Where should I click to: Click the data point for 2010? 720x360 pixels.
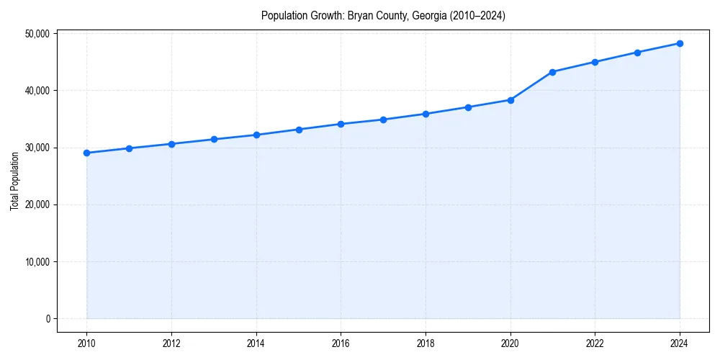click(x=86, y=153)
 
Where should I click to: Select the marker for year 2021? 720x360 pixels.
click(x=552, y=72)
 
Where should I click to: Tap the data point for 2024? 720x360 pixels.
click(x=680, y=43)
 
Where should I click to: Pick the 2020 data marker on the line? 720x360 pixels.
click(x=510, y=100)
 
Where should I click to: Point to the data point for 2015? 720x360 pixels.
click(x=299, y=130)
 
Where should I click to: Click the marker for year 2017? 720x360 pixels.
click(x=383, y=120)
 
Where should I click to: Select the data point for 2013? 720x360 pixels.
click(x=214, y=139)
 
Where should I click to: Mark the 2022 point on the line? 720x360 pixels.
click(x=595, y=62)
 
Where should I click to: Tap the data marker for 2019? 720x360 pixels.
click(x=468, y=107)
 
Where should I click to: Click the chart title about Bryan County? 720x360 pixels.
click(x=383, y=15)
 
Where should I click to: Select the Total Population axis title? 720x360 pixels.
click(x=14, y=181)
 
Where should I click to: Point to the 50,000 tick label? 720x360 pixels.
click(x=37, y=34)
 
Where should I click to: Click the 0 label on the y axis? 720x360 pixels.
click(x=47, y=319)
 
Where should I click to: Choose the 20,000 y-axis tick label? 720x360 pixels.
click(x=37, y=204)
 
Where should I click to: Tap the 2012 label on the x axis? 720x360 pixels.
click(x=171, y=343)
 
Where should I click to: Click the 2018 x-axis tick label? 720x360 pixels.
click(x=426, y=343)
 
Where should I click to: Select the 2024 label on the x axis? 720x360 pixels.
click(x=680, y=343)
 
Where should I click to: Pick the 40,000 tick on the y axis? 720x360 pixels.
click(x=37, y=91)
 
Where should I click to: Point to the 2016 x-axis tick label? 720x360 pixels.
click(x=341, y=343)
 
